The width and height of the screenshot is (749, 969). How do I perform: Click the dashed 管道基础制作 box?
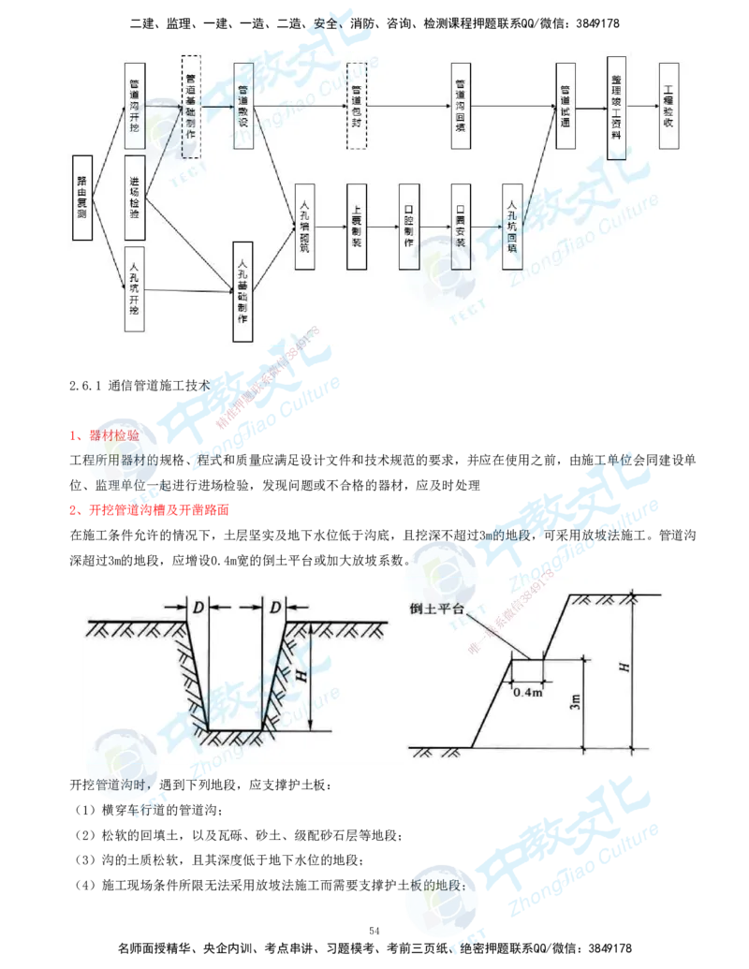pyautogui.click(x=191, y=106)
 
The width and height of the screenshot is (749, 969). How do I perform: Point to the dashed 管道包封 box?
pyautogui.click(x=356, y=106)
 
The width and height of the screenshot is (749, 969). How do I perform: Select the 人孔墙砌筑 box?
pyautogui.click(x=304, y=226)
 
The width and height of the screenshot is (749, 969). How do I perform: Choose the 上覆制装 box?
pyautogui.click(x=356, y=226)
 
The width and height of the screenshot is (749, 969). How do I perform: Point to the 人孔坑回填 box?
pyautogui.click(x=512, y=226)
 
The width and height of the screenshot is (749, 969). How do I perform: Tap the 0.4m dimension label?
pyautogui.click(x=527, y=693)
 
